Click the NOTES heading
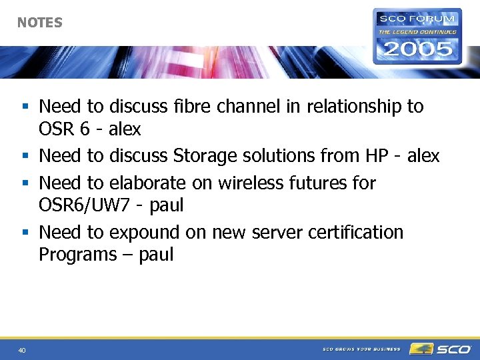39,23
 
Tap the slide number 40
22,350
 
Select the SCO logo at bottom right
441,349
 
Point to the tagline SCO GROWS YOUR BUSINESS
361,349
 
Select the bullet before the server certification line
25,233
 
